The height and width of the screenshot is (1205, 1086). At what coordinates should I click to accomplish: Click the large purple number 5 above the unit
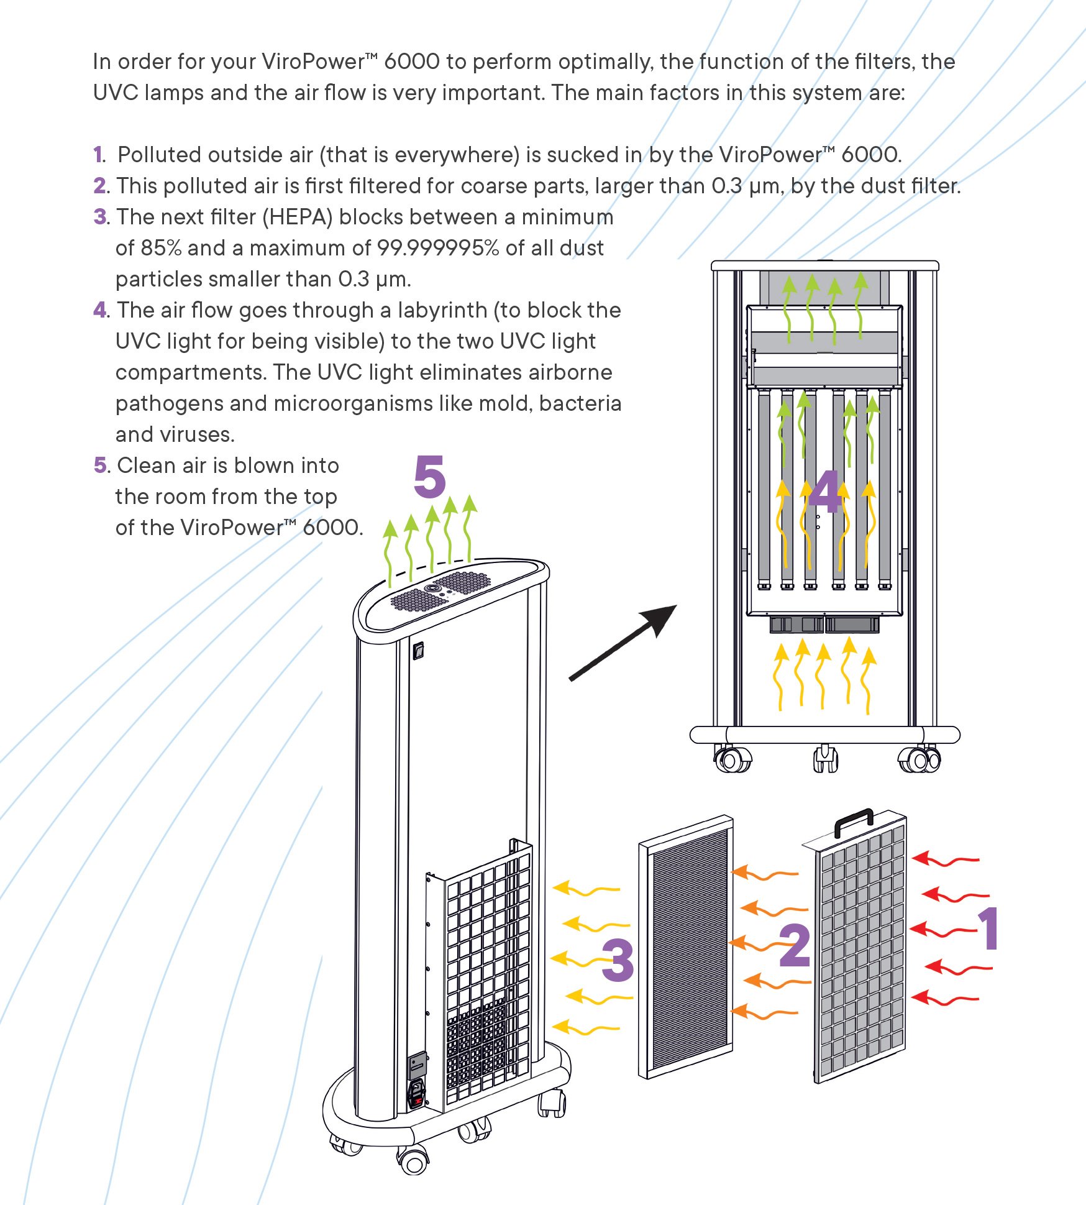click(430, 477)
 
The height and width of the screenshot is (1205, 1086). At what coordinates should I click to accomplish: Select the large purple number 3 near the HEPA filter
click(618, 960)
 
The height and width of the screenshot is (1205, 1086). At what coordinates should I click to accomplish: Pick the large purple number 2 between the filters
click(795, 945)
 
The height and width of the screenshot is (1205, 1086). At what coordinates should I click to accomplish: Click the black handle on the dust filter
click(854, 822)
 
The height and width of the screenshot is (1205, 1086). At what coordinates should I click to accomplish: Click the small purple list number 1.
click(99, 155)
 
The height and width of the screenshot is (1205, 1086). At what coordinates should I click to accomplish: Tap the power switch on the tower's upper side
click(419, 650)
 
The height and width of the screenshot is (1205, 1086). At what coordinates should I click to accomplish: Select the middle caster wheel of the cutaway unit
click(825, 759)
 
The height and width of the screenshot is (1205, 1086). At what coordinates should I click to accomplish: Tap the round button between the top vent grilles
click(431, 588)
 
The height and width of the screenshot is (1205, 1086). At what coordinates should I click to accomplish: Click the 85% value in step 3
click(161, 248)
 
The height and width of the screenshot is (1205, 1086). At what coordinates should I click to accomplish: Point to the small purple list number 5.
click(100, 465)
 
